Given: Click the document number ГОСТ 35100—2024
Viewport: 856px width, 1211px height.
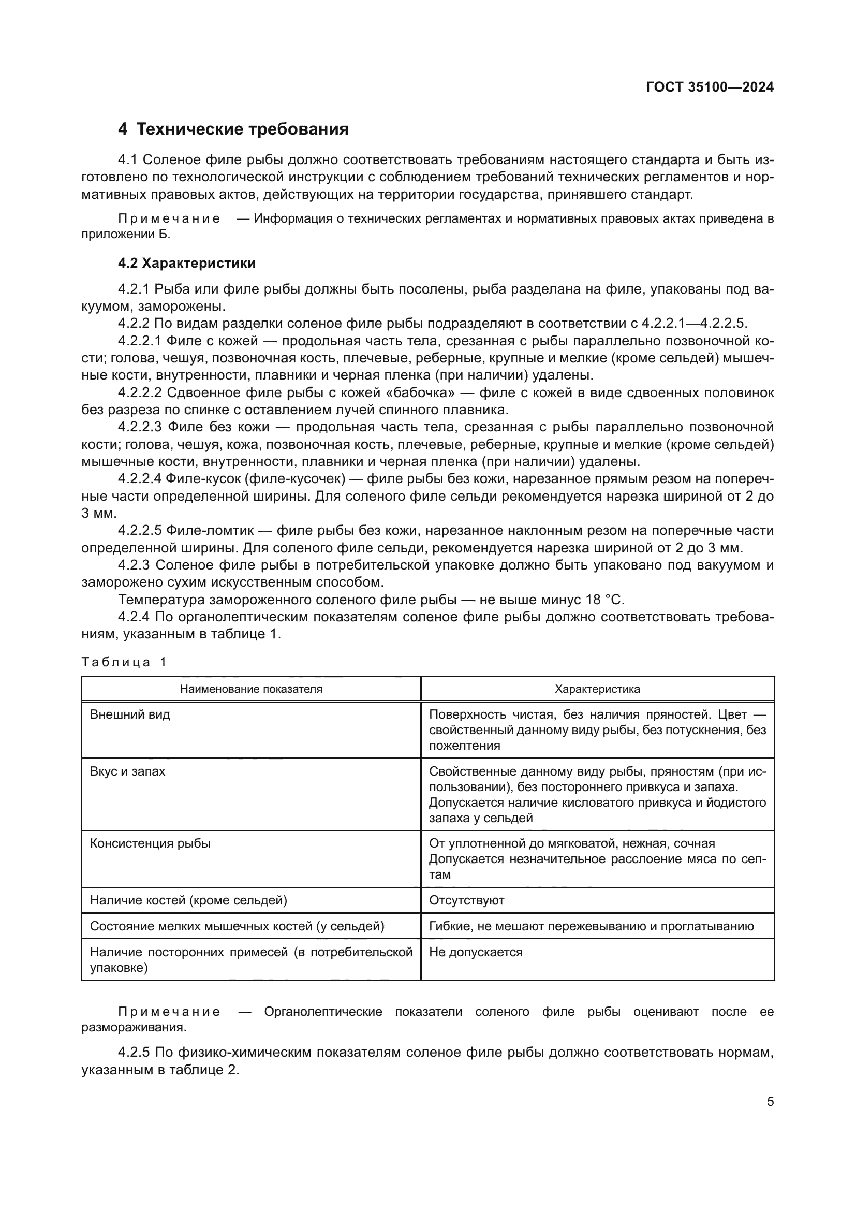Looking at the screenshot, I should pos(710,87).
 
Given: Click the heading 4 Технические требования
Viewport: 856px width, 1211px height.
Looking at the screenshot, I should pos(233,129).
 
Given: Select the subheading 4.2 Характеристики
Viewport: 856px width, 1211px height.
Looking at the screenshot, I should pos(187,263).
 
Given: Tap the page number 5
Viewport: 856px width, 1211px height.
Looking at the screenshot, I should pos(770,1102).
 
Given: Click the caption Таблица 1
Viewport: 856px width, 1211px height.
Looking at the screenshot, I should pos(124,663).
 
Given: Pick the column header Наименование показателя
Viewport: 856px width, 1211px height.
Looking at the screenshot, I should pos(251,689).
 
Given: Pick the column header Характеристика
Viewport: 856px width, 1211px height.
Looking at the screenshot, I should pos(597,689).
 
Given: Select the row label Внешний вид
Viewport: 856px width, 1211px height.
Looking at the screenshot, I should pos(130,715).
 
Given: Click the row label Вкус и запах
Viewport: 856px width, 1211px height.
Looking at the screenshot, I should pos(127,771).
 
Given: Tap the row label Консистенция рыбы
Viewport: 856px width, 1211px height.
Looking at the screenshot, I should pos(150,843).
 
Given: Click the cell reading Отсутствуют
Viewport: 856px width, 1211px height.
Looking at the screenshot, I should pos(466,900).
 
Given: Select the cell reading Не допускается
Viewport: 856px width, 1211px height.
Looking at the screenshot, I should pos(476,952).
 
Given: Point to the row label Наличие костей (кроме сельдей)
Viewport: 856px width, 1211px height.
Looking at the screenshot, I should pos(188,900).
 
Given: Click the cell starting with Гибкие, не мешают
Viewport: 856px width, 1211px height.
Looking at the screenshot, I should pos(591,926).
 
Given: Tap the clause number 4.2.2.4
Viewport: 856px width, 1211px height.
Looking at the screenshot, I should pos(139,479).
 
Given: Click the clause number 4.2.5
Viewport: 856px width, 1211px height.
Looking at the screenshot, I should pos(135,1053).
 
